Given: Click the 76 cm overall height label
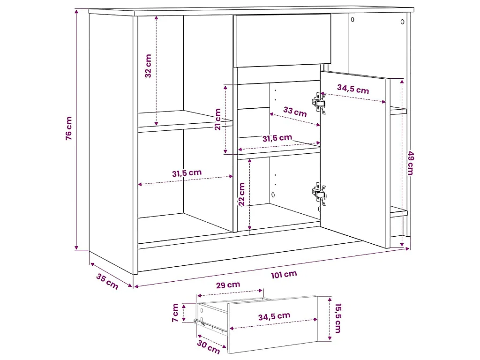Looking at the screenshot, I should [69, 128].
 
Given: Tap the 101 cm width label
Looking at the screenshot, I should [284, 274].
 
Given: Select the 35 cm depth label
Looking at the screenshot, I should [107, 281].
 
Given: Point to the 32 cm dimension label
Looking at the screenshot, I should [148, 66].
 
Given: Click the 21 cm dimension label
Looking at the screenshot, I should [218, 119].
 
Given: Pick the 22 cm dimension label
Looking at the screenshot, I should [242, 195].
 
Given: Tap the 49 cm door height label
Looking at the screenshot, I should [410, 162].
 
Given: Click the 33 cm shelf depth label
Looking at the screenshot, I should [295, 112].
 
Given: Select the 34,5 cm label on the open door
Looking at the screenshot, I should [353, 89].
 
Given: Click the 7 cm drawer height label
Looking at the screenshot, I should [175, 313].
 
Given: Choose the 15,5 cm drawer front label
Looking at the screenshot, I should [337, 317].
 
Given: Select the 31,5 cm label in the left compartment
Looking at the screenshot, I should [187, 172].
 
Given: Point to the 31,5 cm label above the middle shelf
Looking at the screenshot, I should [277, 138].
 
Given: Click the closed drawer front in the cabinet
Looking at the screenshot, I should [282, 40].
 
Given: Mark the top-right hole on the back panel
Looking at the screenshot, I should [402, 22].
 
